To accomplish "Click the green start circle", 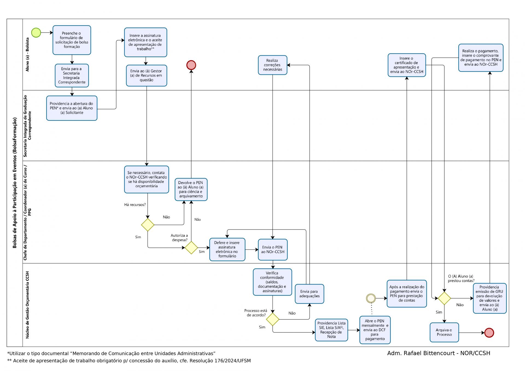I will (36, 33).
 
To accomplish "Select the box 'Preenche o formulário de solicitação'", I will (72, 40).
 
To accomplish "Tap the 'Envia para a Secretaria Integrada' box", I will (72, 76).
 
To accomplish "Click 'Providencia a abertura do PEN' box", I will (72, 108).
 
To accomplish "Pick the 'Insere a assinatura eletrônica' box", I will (145, 42).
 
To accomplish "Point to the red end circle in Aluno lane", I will (191, 65).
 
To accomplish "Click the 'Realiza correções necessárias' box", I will (272, 65).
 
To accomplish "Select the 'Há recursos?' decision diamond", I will (148, 225).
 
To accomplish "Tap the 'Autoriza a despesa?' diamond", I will (191, 248).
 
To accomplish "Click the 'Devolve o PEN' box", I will (191, 189).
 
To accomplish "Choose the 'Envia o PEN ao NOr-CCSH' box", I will (273, 250).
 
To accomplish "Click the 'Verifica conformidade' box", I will (272, 282).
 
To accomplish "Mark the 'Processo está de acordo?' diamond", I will (273, 319).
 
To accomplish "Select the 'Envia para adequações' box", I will (309, 294).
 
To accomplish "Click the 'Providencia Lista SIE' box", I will (331, 330).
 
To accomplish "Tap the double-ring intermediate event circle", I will (371, 298).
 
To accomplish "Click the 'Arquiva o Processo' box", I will (444, 332).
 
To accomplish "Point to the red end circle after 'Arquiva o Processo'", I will (489, 333).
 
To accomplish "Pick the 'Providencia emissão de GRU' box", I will (490, 298).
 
